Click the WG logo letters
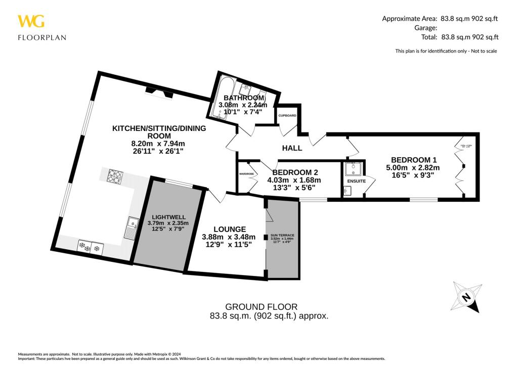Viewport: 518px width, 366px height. pos(31,21)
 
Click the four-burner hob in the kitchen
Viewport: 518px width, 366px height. pos(115,176)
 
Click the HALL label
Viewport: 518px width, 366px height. pos(292,148)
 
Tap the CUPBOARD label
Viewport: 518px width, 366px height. pos(287,116)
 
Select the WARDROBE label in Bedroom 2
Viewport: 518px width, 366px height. pos(246,173)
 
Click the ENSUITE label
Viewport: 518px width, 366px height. pos(356,180)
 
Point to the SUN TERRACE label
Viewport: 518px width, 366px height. pos(282,236)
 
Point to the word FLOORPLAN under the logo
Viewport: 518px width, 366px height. pos(42,37)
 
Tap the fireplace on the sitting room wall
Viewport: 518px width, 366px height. pos(157,91)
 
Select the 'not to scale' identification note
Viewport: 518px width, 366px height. pos(446,51)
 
